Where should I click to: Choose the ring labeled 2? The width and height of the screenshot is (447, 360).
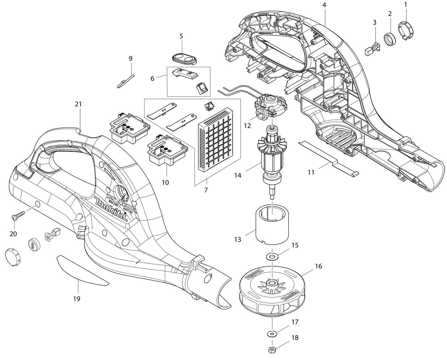tap(389, 39)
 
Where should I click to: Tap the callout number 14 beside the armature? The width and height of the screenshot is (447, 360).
tap(238, 175)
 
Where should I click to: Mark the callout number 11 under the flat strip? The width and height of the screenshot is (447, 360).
tap(311, 172)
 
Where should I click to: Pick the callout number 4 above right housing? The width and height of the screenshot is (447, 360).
tap(324, 5)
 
